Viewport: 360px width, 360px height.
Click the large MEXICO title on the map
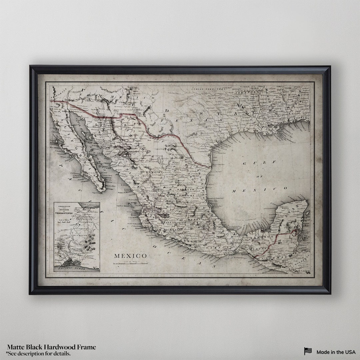(130, 256)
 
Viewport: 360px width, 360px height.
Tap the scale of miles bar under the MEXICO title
(130, 263)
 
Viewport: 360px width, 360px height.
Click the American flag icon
(308, 351)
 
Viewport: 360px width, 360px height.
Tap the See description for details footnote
(38, 353)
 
